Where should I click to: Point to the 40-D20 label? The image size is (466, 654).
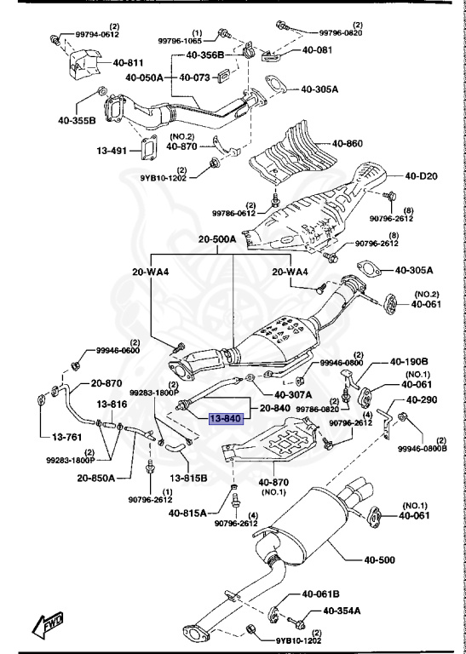pos(421,175)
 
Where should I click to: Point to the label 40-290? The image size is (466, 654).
pos(422,399)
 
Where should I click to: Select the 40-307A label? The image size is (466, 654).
pos(293,395)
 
